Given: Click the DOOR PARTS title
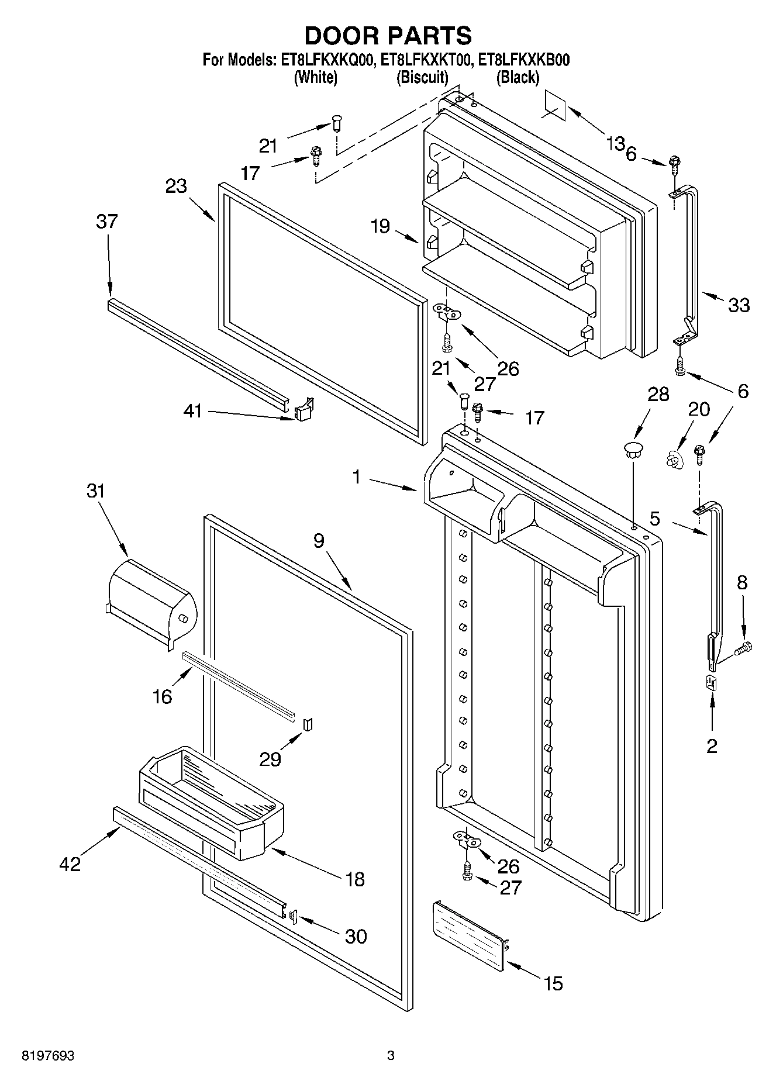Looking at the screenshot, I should [388, 36].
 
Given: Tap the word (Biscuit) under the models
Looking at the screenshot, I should [422, 77].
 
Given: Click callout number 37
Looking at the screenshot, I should [107, 222].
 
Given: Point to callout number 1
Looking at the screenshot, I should [356, 478].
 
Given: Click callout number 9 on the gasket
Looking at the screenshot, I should [318, 541].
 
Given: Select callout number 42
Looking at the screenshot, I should [70, 864].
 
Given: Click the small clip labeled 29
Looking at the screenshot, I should [308, 724].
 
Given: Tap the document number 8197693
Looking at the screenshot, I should [47, 1056].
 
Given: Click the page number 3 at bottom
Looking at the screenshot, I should [391, 1056].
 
